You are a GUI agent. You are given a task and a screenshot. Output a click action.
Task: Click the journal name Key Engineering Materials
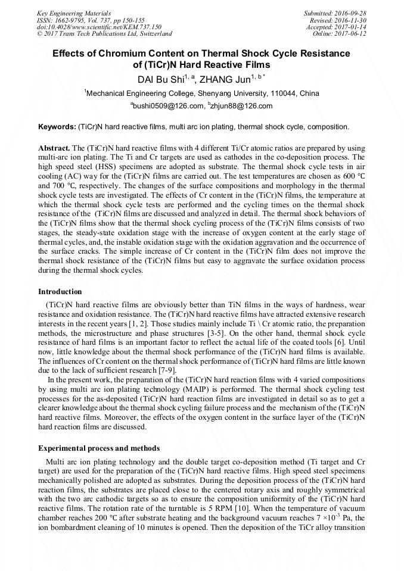[73, 13]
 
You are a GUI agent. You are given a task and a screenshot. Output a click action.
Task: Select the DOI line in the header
[99, 27]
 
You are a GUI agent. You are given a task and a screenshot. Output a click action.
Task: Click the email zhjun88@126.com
[241, 106]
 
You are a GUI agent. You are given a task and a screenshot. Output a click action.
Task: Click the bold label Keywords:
[57, 127]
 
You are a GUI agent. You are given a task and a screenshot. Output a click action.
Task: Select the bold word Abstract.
[54, 147]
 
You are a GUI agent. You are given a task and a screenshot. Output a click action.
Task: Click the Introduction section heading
[60, 292]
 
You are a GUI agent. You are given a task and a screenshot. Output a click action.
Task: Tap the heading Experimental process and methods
[99, 448]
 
